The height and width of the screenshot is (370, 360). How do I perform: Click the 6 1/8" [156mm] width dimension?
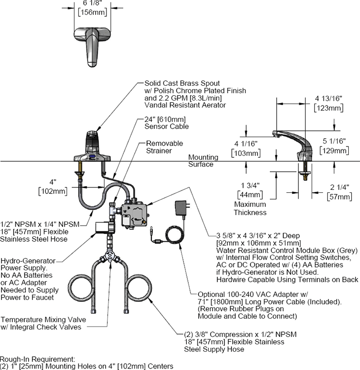pyautogui.click(x=93, y=8)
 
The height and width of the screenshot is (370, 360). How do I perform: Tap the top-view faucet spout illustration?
pyautogui.click(x=92, y=47)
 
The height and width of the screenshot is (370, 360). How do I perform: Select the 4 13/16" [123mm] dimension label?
pyautogui.click(x=328, y=104)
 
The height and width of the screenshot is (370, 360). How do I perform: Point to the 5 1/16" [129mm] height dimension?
pyautogui.click(x=334, y=146)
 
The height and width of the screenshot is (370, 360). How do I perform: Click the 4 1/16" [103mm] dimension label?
pyautogui.click(x=246, y=148)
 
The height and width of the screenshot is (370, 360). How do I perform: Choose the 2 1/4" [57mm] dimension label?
pyautogui.click(x=339, y=192)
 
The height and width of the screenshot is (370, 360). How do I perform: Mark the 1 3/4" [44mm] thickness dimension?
pyautogui.click(x=250, y=190)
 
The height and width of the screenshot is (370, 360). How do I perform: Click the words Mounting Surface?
pyautogui.click(x=203, y=161)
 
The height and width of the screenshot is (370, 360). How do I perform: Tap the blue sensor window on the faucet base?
pyautogui.click(x=92, y=156)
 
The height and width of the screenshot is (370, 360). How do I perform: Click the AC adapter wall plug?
pyautogui.click(x=182, y=208)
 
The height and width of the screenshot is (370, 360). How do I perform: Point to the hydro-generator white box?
pyautogui.click(x=103, y=228)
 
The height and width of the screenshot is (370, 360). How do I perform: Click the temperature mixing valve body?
pyautogui.click(x=109, y=257)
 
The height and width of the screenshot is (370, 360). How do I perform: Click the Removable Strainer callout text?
pyautogui.click(x=164, y=147)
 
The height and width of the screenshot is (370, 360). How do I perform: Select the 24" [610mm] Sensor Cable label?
pyautogui.click(x=167, y=123)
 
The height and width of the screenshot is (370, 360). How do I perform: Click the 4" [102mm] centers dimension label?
pyautogui.click(x=53, y=186)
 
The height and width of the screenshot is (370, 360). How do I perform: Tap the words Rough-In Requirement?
pyautogui.click(x=37, y=359)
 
